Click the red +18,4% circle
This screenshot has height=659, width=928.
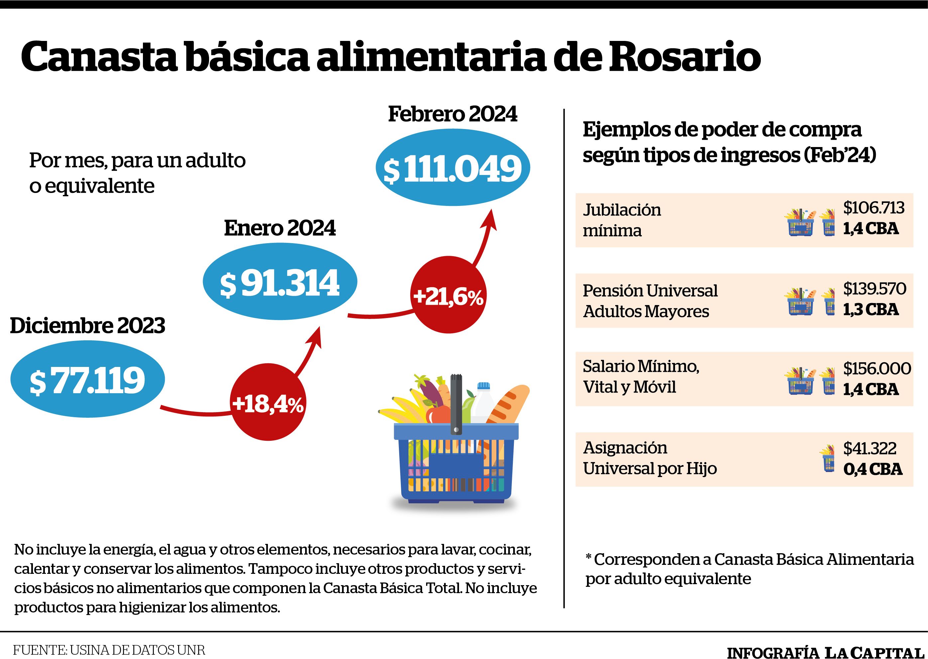click(268, 402)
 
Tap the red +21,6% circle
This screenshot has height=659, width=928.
click(448, 295)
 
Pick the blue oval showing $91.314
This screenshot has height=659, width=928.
click(280, 281)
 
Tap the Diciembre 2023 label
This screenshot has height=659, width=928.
click(87, 325)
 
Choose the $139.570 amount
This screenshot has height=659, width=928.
click(874, 288)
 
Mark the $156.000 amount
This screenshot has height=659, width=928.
click(877, 368)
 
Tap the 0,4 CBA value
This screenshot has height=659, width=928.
click(873, 469)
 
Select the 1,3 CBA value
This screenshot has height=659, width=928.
click(871, 310)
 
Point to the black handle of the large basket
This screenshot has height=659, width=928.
click(456, 404)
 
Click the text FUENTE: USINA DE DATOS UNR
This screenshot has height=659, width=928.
click(109, 650)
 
